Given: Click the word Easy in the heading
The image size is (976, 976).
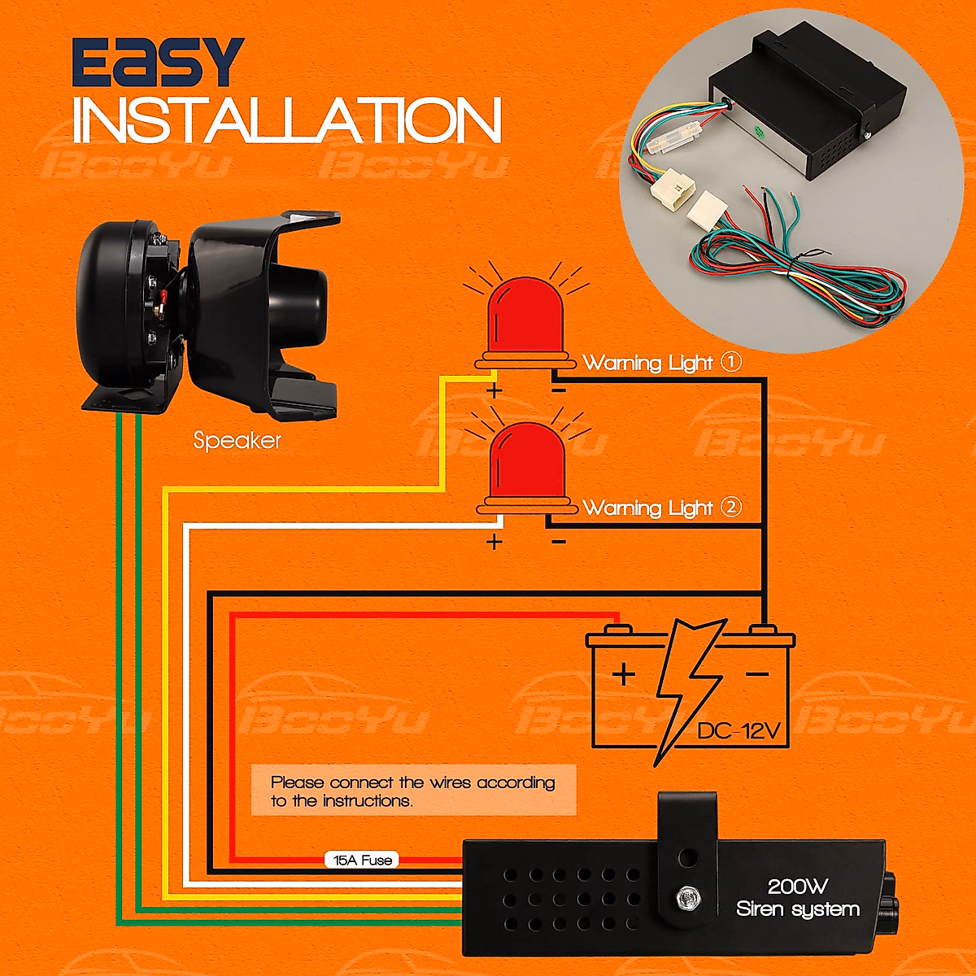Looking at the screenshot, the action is click(x=158, y=63).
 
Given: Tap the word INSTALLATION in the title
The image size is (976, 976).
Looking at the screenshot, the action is click(x=287, y=121).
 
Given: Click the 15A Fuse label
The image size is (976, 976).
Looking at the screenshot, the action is click(x=363, y=860).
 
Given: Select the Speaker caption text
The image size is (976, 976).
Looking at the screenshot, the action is click(x=237, y=441).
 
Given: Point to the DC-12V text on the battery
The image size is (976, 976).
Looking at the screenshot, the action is click(x=739, y=730).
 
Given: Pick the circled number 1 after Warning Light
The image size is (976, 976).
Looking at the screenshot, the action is click(x=731, y=362).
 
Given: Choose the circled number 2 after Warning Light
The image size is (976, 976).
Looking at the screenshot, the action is click(x=731, y=507).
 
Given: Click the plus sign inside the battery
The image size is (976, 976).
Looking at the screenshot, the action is click(x=624, y=674).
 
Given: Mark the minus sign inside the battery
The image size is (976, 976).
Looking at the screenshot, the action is click(x=756, y=674).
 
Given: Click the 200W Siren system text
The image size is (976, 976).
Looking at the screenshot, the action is click(x=797, y=898).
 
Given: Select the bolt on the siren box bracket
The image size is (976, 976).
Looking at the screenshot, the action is click(x=688, y=898).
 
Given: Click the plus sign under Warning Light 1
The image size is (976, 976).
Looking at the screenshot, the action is click(x=494, y=390).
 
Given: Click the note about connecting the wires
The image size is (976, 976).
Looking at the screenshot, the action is click(x=413, y=791).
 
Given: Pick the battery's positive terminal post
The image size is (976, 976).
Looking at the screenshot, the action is click(x=618, y=630).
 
